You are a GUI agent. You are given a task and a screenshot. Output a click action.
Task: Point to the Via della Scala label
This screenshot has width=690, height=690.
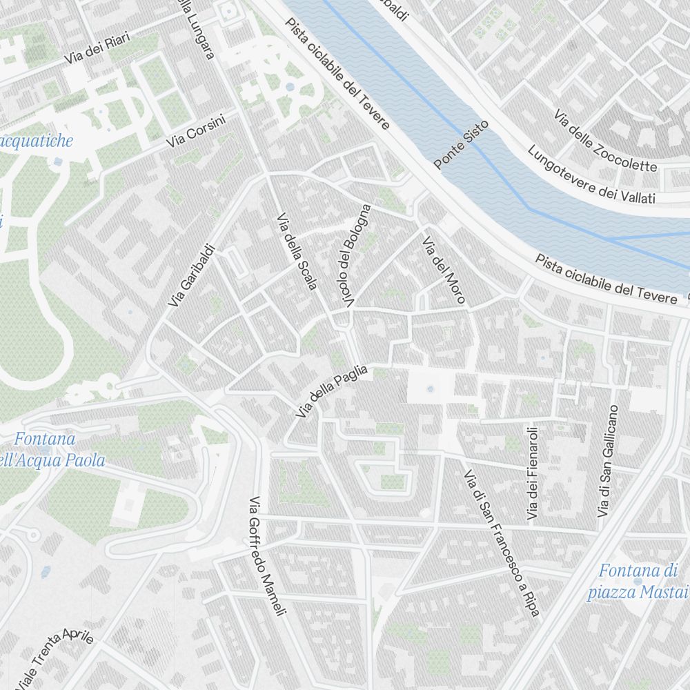(x=296, y=252)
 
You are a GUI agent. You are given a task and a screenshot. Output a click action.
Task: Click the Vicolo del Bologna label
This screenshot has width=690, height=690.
(x=356, y=256)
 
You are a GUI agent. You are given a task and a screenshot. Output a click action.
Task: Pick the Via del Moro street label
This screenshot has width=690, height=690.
(x=444, y=271)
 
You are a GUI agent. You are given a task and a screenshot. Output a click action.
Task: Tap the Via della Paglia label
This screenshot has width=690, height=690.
(x=332, y=392)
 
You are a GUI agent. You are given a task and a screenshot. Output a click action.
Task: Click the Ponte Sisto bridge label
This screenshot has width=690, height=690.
(x=461, y=144)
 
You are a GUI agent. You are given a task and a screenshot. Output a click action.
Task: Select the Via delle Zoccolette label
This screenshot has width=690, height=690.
(x=605, y=141)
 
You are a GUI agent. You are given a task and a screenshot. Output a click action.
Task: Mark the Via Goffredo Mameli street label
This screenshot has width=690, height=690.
(x=267, y=556)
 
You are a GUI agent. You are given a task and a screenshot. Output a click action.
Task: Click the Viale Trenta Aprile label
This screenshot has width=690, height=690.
(x=55, y=655)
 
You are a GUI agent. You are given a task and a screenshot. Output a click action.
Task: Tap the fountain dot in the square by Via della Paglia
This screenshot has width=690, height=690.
(x=430, y=389)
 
